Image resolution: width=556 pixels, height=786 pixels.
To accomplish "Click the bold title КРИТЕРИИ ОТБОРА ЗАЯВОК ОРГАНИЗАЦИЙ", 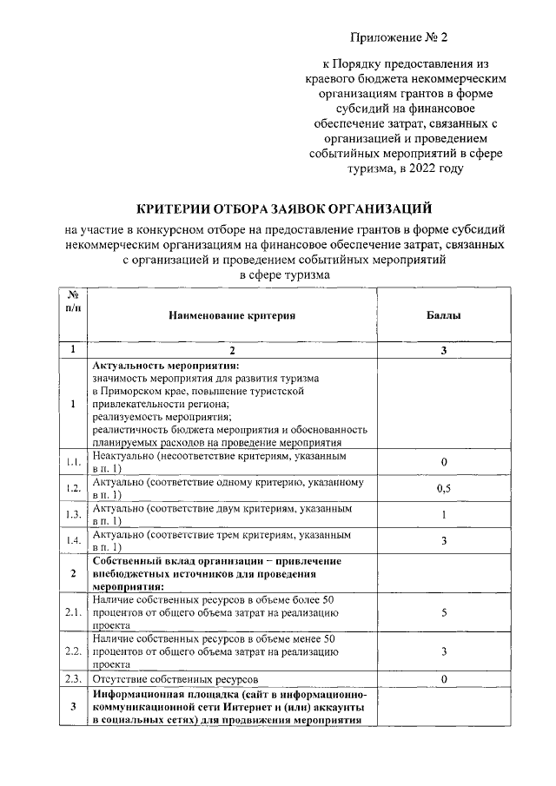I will pyautogui.click(x=284, y=208).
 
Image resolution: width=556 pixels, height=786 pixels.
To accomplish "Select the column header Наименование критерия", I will pyautogui.click(x=232, y=316).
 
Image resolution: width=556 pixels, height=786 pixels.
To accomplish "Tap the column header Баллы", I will pyautogui.click(x=443, y=316).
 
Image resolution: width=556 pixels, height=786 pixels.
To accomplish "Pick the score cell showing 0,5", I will pyautogui.click(x=443, y=488).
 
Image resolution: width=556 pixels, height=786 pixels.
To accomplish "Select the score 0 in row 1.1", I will pyautogui.click(x=443, y=461).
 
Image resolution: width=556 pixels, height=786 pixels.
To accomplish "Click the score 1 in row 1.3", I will pyautogui.click(x=443, y=515).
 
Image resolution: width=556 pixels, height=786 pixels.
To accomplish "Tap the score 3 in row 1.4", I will pyautogui.click(x=443, y=541).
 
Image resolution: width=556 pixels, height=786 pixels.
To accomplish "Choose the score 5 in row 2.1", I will pyautogui.click(x=443, y=612).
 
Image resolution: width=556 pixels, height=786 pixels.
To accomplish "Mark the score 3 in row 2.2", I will pyautogui.click(x=443, y=651).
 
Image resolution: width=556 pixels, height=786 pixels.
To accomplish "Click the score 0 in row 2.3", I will pyautogui.click(x=443, y=677).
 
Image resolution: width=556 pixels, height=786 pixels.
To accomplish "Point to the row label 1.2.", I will pyautogui.click(x=74, y=488).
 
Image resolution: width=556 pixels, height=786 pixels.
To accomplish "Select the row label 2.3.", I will pyautogui.click(x=74, y=677).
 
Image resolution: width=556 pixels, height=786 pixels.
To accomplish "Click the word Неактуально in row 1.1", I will pyautogui.click(x=122, y=455).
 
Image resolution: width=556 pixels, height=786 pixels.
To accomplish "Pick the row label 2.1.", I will pyautogui.click(x=74, y=612).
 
